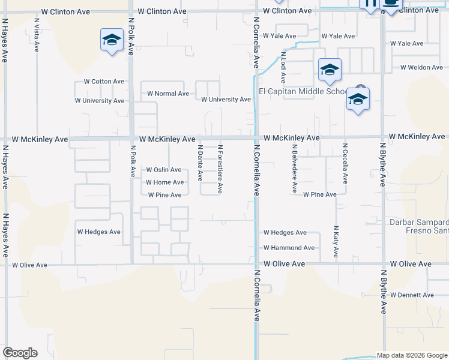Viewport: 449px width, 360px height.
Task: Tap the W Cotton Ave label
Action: tap(104, 82)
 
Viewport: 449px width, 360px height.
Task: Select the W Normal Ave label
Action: tap(168, 94)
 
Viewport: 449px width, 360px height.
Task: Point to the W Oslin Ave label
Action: tap(164, 170)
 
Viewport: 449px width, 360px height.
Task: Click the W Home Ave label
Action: tap(164, 182)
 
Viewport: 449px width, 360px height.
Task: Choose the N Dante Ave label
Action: tap(200, 163)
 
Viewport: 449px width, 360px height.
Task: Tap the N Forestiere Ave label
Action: tap(220, 169)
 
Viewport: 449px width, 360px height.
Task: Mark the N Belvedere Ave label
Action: tap(294, 168)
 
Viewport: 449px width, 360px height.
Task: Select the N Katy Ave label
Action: tap(336, 242)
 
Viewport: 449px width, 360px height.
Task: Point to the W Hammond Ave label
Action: tap(289, 248)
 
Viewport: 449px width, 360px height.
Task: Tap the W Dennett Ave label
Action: tap(412, 295)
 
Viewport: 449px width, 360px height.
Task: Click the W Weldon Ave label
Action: tap(421, 67)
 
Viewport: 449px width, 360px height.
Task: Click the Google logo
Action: tap(20, 353)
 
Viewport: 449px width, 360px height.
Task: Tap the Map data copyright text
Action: tap(412, 355)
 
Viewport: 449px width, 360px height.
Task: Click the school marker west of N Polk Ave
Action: tap(112, 41)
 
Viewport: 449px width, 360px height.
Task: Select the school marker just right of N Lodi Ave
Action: tap(330, 70)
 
